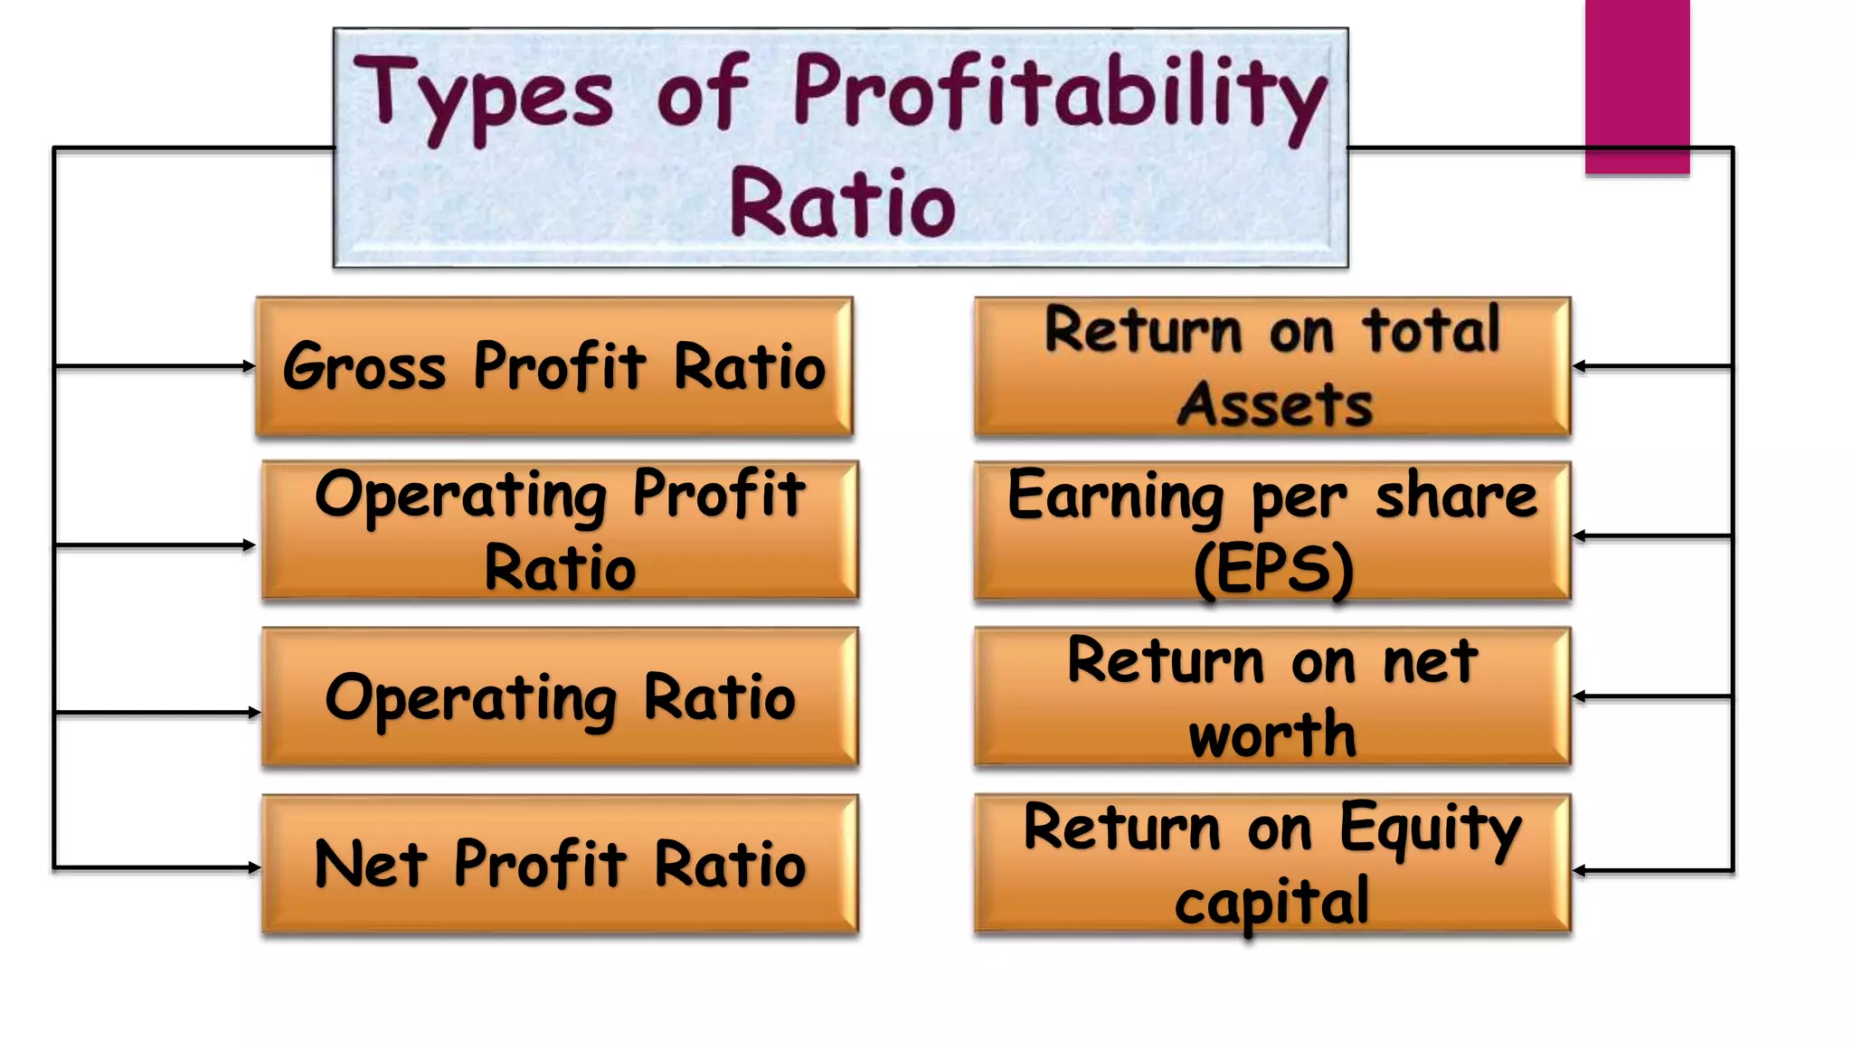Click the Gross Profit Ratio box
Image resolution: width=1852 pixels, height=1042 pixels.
coord(554,367)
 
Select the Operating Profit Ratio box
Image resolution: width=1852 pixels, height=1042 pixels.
coord(560,530)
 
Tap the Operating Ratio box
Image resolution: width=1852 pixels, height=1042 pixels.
coord(560,697)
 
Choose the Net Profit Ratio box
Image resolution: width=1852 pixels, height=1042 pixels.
coord(560,864)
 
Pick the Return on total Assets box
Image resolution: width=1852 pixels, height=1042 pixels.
coord(1272,367)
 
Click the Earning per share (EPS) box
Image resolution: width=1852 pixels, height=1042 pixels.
coord(1272,531)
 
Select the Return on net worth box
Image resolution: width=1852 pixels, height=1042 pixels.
coord(1272,696)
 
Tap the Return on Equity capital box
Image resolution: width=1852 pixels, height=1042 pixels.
coord(1272,863)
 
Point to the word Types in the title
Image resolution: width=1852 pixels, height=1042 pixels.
coord(483,95)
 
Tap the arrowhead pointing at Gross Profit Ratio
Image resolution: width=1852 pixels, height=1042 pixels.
coord(249,366)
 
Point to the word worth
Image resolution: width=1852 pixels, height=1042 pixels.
coord(1272,734)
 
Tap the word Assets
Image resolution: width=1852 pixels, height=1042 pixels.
coord(1274,404)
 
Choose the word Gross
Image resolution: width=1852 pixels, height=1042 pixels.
coord(364,367)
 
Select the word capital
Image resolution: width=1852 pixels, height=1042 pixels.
coord(1271,903)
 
